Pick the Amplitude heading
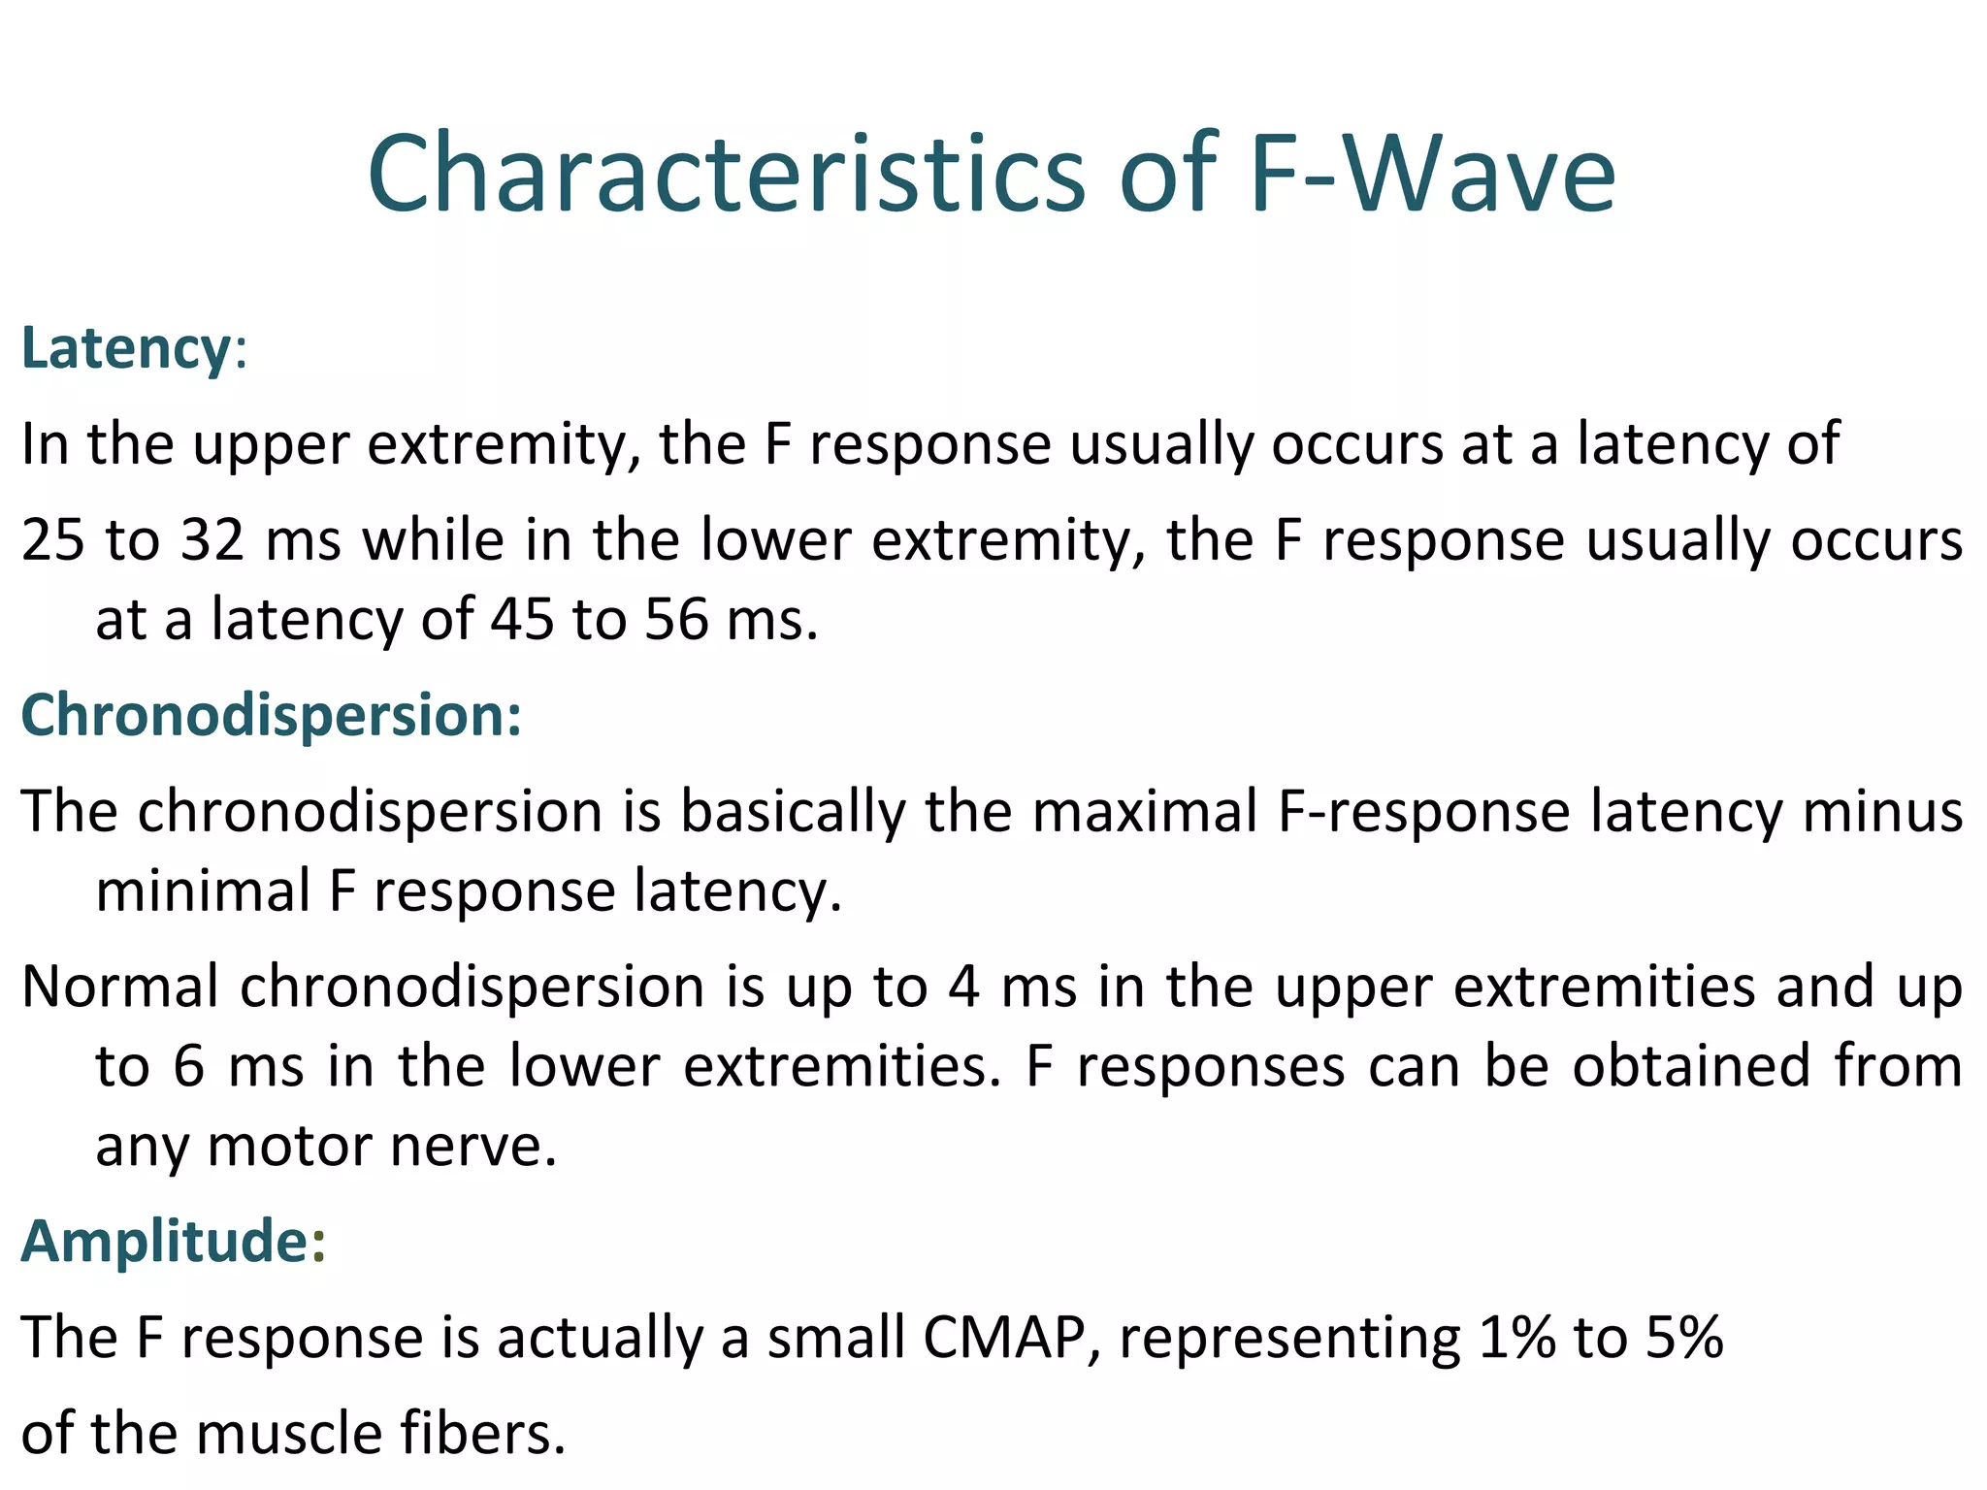coord(165,1241)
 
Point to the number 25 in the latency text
coord(53,540)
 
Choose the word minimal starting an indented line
coord(203,891)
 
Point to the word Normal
coord(120,988)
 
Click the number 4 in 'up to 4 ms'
coord(963,988)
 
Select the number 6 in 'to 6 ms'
coord(189,1067)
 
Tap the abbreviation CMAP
coord(1003,1338)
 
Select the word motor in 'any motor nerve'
coord(289,1147)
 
